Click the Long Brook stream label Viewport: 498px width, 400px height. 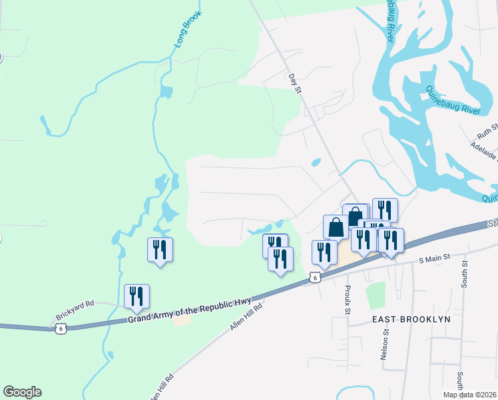188,31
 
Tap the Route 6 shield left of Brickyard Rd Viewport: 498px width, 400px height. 61,329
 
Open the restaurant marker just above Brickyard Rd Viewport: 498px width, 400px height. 136,297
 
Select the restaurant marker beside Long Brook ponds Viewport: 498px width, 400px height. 160,250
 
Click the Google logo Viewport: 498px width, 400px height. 22,392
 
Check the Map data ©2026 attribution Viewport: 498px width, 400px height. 469,395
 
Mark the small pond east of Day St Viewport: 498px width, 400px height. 316,162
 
